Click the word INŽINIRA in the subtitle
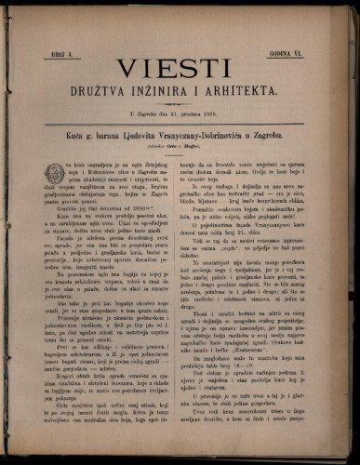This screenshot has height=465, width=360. click(x=174, y=94)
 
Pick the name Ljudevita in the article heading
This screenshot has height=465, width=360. click(x=146, y=136)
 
